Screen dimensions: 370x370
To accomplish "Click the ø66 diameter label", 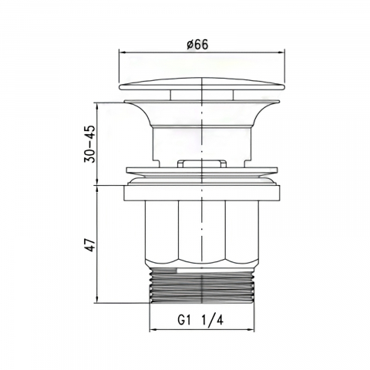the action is (197, 45).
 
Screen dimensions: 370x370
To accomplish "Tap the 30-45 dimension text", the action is (90, 144).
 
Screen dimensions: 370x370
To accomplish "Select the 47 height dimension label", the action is (90, 244).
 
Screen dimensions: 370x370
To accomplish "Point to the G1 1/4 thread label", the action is (200, 321).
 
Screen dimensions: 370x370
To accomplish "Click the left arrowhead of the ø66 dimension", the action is (123, 52).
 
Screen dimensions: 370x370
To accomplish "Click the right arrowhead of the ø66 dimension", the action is (282, 52).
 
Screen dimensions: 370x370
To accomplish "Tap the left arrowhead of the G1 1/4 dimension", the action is (153, 329).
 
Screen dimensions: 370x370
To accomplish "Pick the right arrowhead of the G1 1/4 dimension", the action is (251, 329).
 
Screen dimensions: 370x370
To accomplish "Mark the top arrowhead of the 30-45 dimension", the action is (97, 106).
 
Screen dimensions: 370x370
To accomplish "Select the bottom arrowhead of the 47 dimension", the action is (97, 300).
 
